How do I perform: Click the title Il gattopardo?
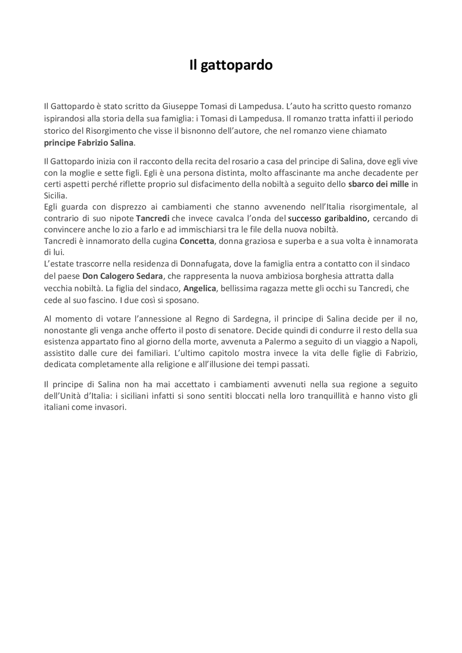pos(231,65)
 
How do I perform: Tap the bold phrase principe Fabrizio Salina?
pos(89,143)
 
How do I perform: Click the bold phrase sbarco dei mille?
pos(378,184)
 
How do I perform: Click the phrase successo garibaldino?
pos(328,218)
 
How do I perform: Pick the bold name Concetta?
pos(197,241)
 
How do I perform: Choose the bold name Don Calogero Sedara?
pos(123,276)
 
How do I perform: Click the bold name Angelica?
pos(200,288)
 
